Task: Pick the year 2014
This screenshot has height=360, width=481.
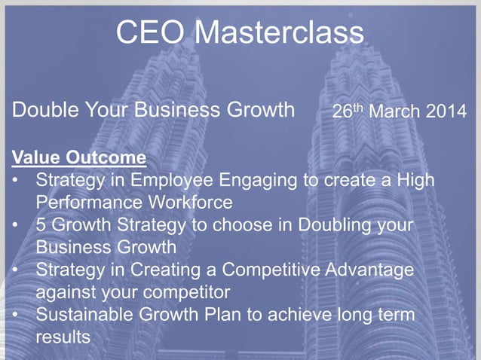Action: [x=448, y=113]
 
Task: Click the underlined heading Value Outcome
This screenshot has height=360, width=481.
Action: [x=78, y=159]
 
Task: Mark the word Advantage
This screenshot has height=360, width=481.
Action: [x=378, y=270]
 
